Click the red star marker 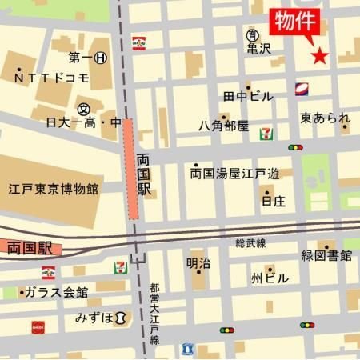319,55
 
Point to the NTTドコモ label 52,78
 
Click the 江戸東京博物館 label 54,190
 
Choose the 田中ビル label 248,97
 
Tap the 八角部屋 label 223,126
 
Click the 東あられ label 325,118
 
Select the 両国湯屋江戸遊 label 235,172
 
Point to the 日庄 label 273,201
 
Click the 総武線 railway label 250,242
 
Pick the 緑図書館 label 326,256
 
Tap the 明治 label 198,262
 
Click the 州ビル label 268,278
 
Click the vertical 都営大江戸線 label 154,313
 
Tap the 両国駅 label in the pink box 28,248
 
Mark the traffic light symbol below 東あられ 297,148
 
